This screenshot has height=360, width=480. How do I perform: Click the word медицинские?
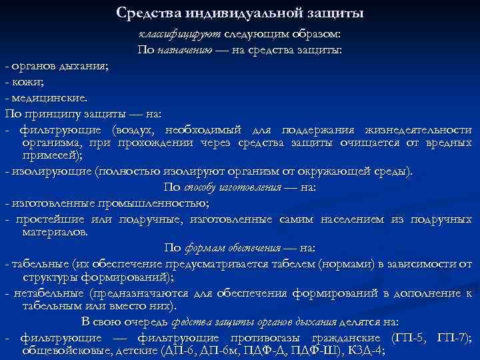pyautogui.click(x=48, y=97)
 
